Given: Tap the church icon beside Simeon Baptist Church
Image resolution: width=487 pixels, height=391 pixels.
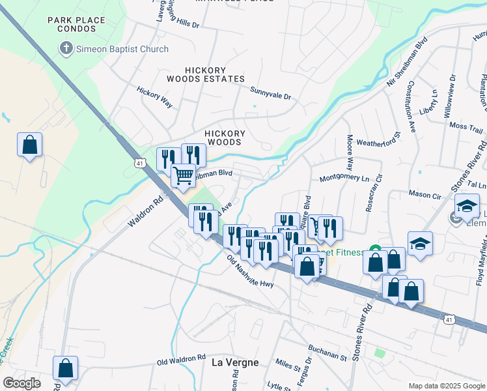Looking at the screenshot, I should click(66, 49).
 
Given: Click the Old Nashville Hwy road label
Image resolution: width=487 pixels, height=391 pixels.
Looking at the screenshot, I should click(250, 270).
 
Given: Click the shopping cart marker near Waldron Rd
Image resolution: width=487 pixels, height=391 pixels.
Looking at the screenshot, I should click(184, 174).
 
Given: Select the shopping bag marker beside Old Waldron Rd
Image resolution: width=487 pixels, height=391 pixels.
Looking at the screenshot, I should click(65, 368).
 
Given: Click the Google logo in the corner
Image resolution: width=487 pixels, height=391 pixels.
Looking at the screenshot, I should click(21, 383).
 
